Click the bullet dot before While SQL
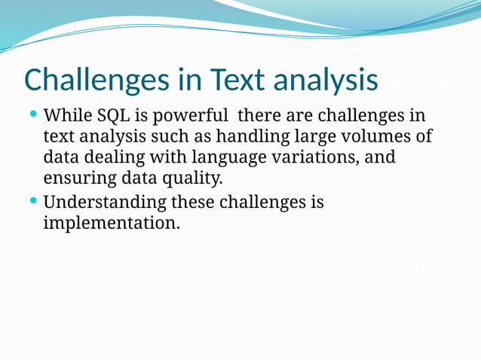click(x=33, y=115)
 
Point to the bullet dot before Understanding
click(x=33, y=201)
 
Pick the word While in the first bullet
click(x=69, y=117)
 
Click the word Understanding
click(x=106, y=203)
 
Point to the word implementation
click(x=112, y=224)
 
